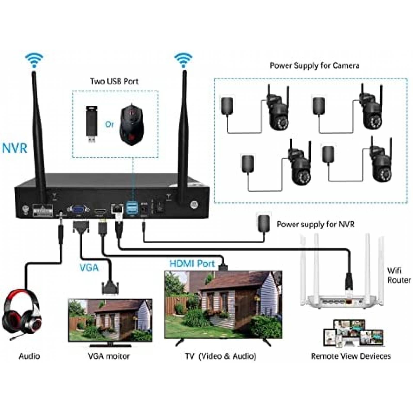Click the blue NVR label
pyautogui.click(x=15, y=148)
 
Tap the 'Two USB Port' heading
pyautogui.click(x=114, y=82)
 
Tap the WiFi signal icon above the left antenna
pyautogui.click(x=34, y=60)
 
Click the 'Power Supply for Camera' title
pyautogui.click(x=314, y=66)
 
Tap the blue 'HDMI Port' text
pyautogui.click(x=192, y=264)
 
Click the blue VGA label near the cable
pyautogui.click(x=89, y=268)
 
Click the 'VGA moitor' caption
pyautogui.click(x=109, y=356)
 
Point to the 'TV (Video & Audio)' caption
pyautogui.click(x=221, y=356)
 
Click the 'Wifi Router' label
pyautogui.click(x=398, y=275)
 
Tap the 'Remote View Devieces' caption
pyautogui.click(x=351, y=356)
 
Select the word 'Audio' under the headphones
pyautogui.click(x=29, y=356)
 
